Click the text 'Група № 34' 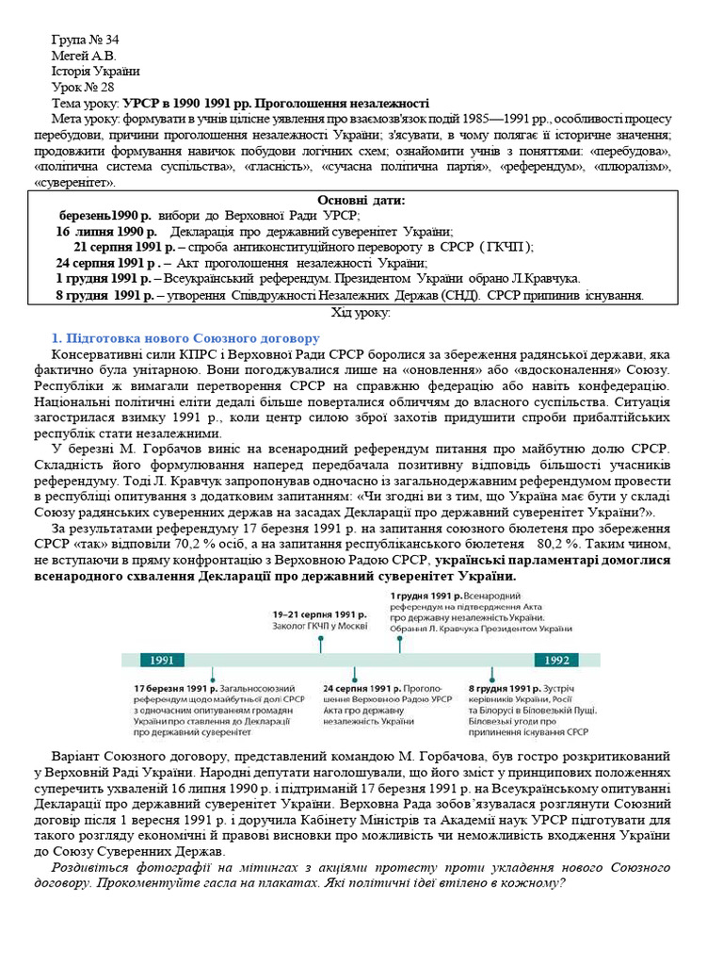(x=85, y=40)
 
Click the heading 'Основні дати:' (x=361, y=200)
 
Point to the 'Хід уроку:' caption (x=361, y=313)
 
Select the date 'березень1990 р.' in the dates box (x=98, y=216)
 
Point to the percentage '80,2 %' (x=561, y=544)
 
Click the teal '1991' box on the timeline (x=161, y=661)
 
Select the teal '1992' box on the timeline (x=557, y=661)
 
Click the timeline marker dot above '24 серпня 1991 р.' (x=354, y=673)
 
